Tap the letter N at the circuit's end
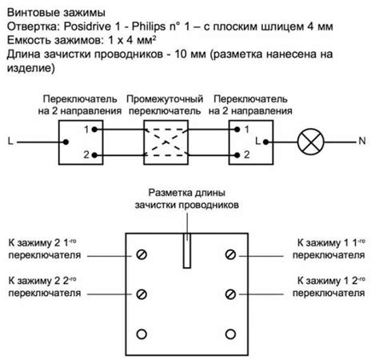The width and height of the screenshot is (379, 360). (363, 143)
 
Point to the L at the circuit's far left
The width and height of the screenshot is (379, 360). (10, 143)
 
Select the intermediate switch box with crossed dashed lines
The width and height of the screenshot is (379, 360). (166, 143)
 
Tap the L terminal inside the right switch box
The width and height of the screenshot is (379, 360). (255, 143)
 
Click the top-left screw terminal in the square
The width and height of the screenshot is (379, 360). (142, 255)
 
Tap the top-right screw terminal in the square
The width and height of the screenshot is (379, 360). (230, 255)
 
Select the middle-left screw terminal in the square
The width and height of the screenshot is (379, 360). (142, 293)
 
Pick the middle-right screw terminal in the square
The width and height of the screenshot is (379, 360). (230, 293)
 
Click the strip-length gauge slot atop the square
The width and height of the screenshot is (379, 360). (186, 249)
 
